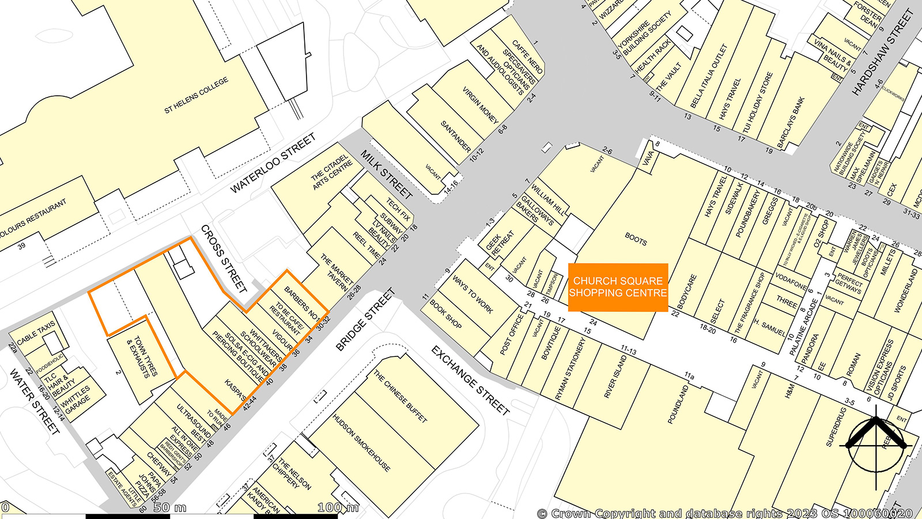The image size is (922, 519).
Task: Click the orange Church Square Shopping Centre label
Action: [x=618, y=287]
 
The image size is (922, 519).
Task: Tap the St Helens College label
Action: [x=196, y=95]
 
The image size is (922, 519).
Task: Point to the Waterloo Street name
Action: [x=273, y=163]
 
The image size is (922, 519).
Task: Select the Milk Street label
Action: [x=386, y=174]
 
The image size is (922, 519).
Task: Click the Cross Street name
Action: [x=224, y=258]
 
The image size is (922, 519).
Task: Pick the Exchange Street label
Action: [x=470, y=381]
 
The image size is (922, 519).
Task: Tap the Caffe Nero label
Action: [x=527, y=56]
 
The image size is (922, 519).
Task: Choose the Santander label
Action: [x=455, y=136]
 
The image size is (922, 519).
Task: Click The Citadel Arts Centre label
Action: [x=331, y=171]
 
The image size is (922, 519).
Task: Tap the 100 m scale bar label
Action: [x=338, y=507]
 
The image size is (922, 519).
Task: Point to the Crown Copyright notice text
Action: [x=725, y=513]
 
